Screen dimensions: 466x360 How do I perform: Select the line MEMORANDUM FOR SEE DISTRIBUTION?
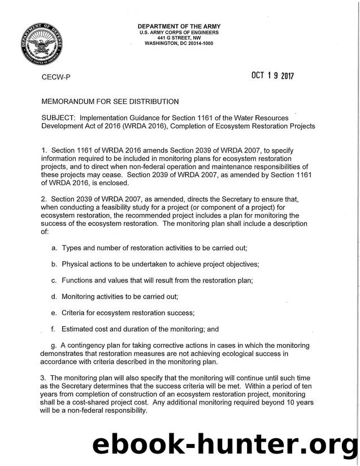[x=109, y=102]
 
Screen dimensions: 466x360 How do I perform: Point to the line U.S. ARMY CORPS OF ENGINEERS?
[x=178, y=32]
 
